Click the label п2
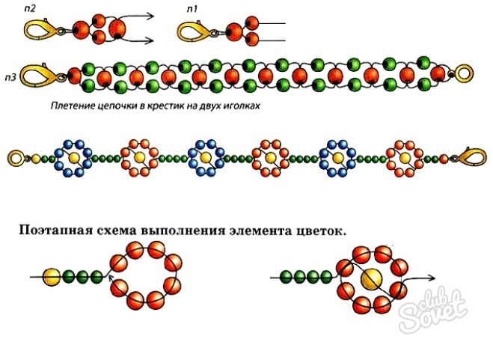pos(30,8)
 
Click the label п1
pos(192,9)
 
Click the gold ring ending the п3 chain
pos(463,73)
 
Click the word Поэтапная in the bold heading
pos(56,231)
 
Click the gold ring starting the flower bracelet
pos(16,158)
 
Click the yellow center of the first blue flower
pos(74,157)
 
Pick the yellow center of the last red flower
pos(403,158)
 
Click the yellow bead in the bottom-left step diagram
pos(52,277)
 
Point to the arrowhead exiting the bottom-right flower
pos(432,278)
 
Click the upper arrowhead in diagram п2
pos(150,16)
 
